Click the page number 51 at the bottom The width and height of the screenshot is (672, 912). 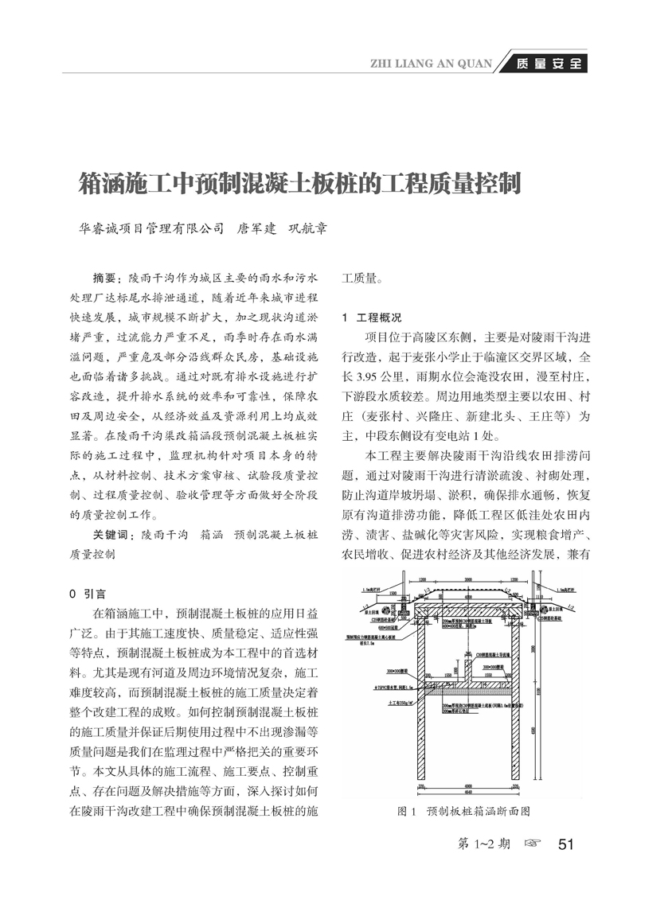click(x=567, y=844)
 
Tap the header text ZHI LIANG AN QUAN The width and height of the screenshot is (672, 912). click(x=433, y=64)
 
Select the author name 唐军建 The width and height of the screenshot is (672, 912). click(x=258, y=228)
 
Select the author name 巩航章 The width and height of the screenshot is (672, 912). click(x=307, y=228)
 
